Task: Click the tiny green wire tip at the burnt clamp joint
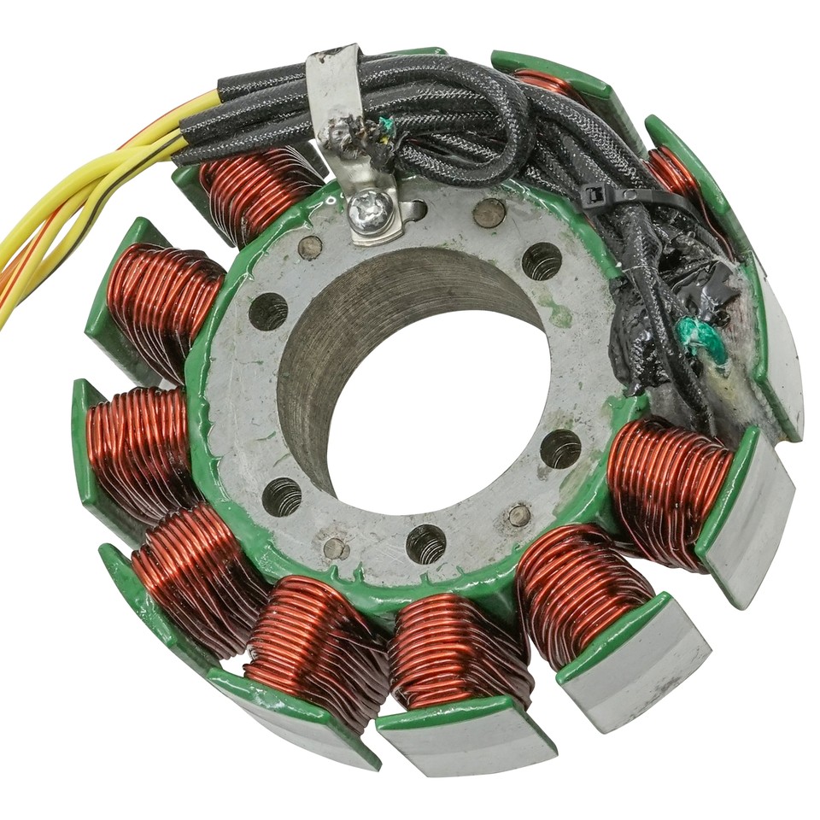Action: pyautogui.click(x=387, y=126)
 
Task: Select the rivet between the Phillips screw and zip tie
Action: pyautogui.click(x=489, y=213)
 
